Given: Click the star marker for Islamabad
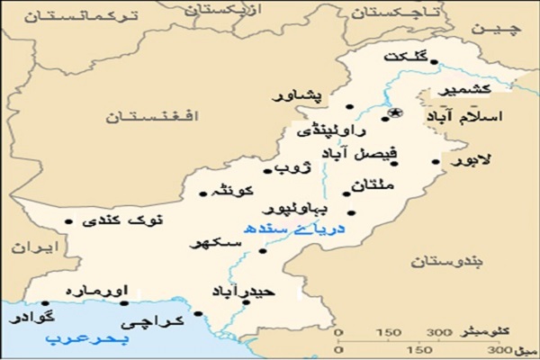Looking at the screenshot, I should [x=396, y=112].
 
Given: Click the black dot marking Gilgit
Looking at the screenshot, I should [x=435, y=61].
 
